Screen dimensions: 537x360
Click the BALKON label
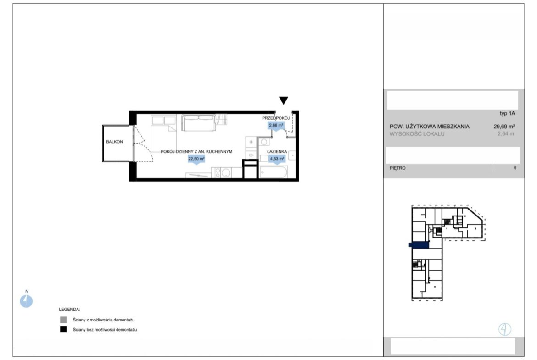point(114,142)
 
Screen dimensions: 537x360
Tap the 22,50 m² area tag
point(196,159)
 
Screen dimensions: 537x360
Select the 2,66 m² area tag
point(276,126)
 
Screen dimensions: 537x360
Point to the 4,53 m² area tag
point(277,159)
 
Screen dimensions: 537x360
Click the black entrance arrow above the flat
point(283,100)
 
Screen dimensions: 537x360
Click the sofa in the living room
point(199,123)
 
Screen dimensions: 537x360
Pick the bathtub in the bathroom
point(273,172)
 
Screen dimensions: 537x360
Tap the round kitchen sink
point(226,173)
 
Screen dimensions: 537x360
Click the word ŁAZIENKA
point(277,151)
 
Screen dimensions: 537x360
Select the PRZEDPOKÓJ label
point(276,118)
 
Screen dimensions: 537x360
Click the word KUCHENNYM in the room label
point(219,151)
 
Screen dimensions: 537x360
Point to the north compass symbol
point(26,301)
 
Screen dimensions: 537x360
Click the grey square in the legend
point(63,320)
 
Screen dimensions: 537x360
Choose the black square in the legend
point(63,329)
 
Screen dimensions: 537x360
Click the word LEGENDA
point(69,310)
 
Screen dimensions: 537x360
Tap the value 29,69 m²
point(504,126)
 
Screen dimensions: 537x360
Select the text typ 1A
point(507,113)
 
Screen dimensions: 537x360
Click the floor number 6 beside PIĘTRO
point(515,168)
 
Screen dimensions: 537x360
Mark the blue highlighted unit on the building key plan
point(419,245)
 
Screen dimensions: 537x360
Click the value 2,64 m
point(506,134)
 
